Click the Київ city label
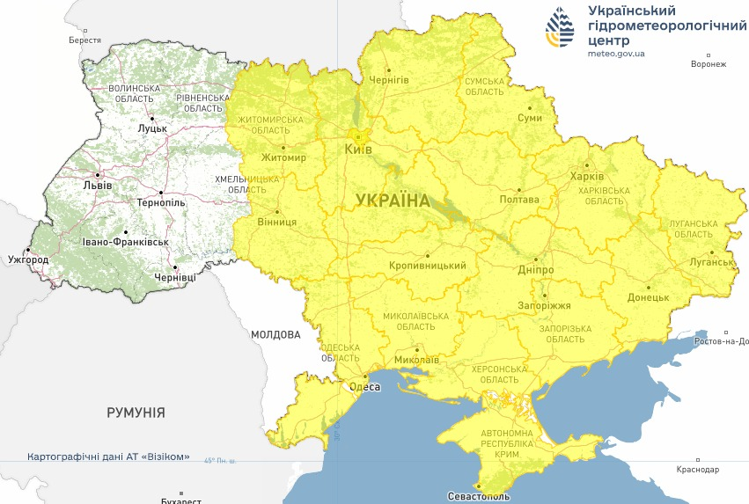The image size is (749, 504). click(x=358, y=150)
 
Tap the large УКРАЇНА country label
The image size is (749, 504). click(x=393, y=201)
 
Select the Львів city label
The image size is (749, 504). click(x=97, y=186)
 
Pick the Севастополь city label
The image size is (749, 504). click(x=478, y=496)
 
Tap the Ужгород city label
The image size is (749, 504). click(x=28, y=260)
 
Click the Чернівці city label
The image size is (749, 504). click(x=175, y=277)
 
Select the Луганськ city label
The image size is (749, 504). click(x=713, y=262)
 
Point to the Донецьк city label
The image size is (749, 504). click(x=648, y=297)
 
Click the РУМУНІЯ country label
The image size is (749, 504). click(x=136, y=412)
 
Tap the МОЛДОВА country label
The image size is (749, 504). click(x=275, y=334)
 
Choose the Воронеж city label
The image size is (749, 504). click(x=709, y=64)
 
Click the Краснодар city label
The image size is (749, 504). click(x=698, y=470)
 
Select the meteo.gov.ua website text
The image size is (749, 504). click(x=616, y=54)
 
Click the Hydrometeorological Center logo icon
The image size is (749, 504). click(x=560, y=27)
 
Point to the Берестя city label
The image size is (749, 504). click(x=85, y=40)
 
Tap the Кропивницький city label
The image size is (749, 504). click(x=427, y=266)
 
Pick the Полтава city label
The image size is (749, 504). click(x=519, y=200)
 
